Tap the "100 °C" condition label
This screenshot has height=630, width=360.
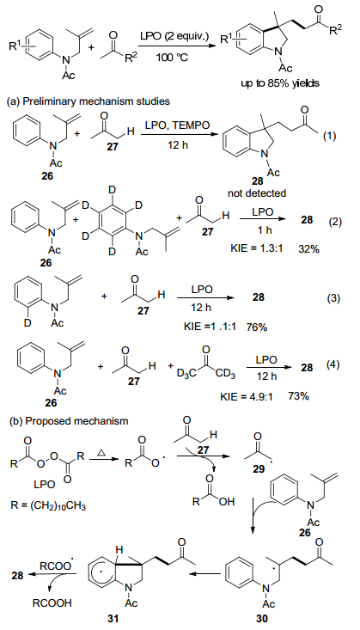[173, 57]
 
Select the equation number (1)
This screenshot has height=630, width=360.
[332, 136]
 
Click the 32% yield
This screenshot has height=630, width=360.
[308, 248]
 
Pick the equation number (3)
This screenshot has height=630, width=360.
[332, 298]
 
